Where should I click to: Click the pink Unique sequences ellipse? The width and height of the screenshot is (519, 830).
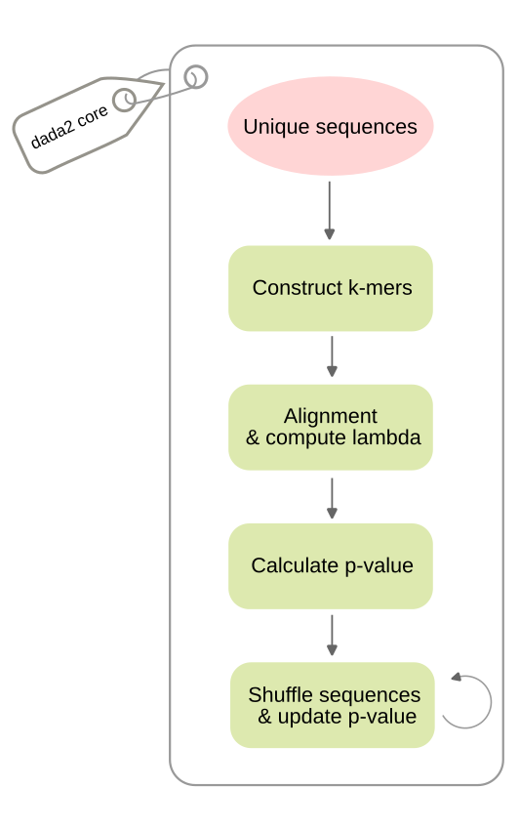331,126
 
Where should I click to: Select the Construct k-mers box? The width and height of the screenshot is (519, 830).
331,288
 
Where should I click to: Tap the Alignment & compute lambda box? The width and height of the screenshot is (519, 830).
331,427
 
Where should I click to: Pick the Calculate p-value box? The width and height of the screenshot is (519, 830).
331,565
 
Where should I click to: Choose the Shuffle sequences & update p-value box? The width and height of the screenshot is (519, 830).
333,705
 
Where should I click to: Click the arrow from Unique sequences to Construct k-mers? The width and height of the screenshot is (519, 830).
329,211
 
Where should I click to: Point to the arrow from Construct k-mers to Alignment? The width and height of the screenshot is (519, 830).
332,356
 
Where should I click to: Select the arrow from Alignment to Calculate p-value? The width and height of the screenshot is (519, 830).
332,498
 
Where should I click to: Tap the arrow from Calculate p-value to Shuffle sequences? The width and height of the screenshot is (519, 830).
332,636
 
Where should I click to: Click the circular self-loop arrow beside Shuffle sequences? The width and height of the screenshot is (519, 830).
491,702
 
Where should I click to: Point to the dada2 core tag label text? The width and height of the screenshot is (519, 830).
69,127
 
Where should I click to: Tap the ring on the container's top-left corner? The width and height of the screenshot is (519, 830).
196,77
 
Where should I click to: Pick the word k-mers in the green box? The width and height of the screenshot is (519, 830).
379,288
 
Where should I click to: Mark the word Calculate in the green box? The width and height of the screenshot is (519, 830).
296,565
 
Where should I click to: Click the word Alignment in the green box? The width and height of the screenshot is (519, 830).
331,416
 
